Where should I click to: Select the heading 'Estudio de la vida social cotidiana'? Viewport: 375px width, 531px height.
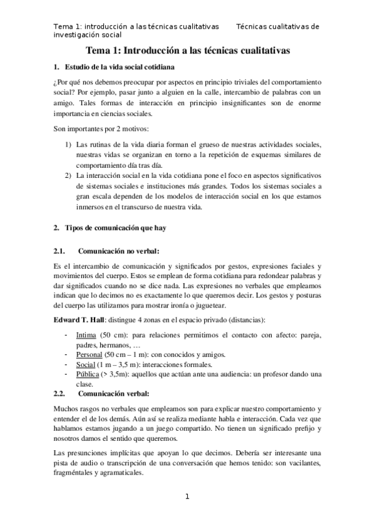coord(120,66)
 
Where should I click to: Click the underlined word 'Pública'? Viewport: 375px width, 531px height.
coord(88,374)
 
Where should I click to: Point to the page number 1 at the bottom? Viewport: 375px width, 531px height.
coord(187,497)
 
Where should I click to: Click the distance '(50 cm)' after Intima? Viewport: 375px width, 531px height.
coord(115,336)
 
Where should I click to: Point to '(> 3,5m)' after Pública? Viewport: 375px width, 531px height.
coord(117,374)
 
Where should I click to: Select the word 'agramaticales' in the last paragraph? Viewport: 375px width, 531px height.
coord(116,474)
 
